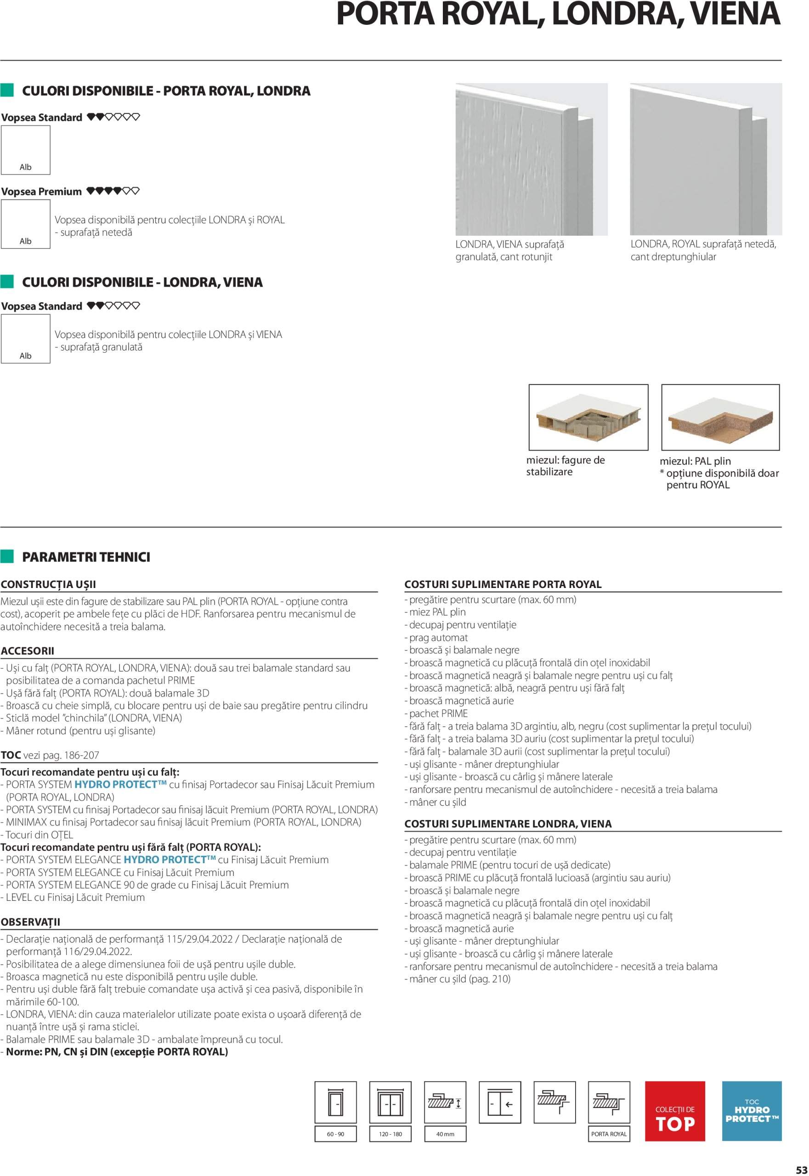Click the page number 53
click(x=801, y=1170)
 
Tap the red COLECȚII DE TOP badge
click(x=675, y=1111)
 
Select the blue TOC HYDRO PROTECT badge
click(x=751, y=1111)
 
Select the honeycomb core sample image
click(x=588, y=417)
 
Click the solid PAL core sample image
click(x=720, y=417)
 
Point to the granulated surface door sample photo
click(x=531, y=159)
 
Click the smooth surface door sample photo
click(x=706, y=159)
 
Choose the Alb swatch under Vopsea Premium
click(x=25, y=224)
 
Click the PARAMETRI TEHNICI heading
click(x=86, y=557)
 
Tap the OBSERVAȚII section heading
click(x=30, y=922)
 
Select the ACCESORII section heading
click(x=28, y=651)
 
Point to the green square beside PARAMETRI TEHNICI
click(x=7, y=557)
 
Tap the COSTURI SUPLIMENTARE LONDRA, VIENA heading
click(x=508, y=824)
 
